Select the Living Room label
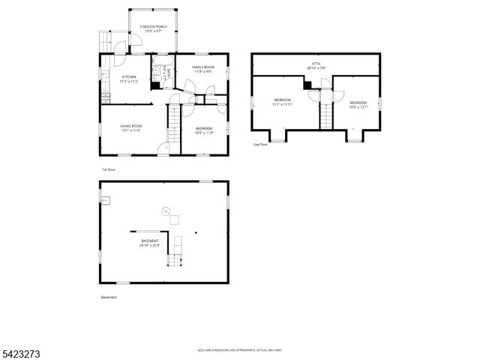click(x=131, y=127)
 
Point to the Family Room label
click(x=202, y=69)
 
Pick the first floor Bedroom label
click(x=205, y=130)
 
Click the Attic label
click(x=316, y=65)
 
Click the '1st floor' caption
click(x=108, y=169)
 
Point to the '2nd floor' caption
click(x=259, y=144)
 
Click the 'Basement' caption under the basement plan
click(x=109, y=297)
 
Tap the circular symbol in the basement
click(x=167, y=211)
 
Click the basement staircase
click(x=175, y=259)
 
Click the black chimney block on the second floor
click(x=307, y=85)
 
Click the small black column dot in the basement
click(x=196, y=232)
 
